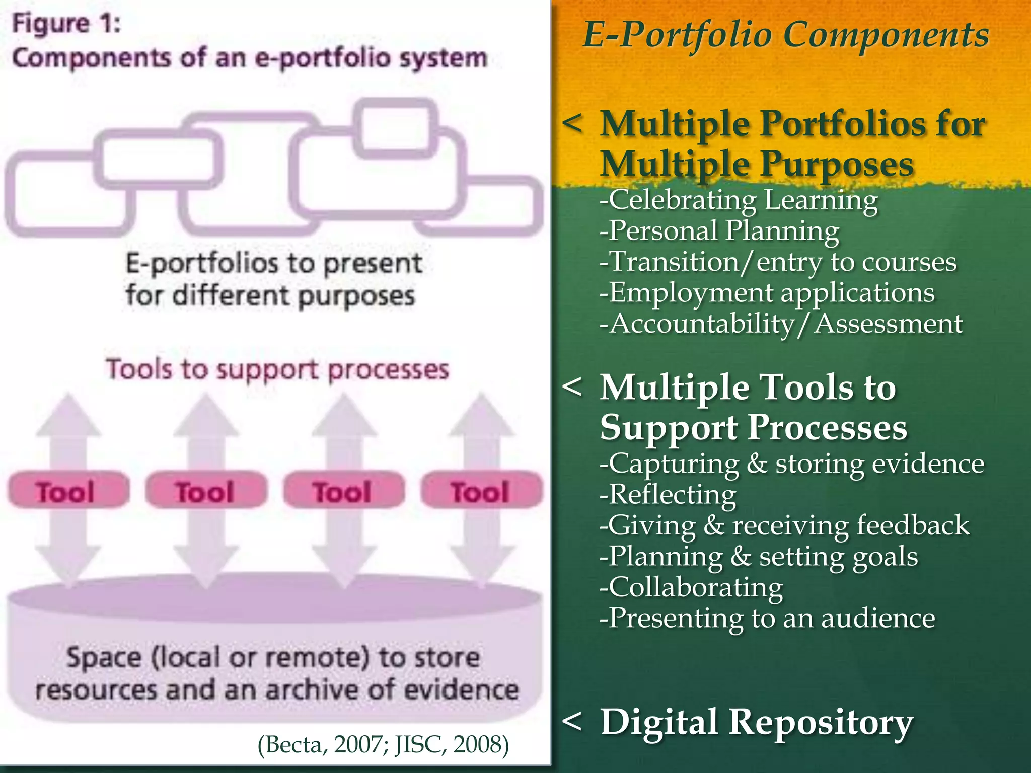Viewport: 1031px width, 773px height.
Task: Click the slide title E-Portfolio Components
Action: (785, 35)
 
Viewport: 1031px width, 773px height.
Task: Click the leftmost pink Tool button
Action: (68, 491)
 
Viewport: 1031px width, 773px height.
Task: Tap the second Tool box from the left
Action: (206, 491)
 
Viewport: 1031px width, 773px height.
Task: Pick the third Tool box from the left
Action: (344, 491)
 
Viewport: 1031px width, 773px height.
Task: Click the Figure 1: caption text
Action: (66, 24)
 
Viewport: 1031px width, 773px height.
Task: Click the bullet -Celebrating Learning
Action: (739, 200)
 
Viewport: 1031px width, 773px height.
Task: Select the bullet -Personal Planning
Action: (719, 231)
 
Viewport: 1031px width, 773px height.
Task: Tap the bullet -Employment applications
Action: (767, 293)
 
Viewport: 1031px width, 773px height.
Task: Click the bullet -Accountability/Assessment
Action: (781, 324)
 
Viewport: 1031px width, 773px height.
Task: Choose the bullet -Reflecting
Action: (668, 494)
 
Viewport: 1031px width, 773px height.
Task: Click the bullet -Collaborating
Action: (691, 587)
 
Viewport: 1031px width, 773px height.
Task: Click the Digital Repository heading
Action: (756, 723)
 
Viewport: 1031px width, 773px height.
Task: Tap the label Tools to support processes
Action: (277, 370)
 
